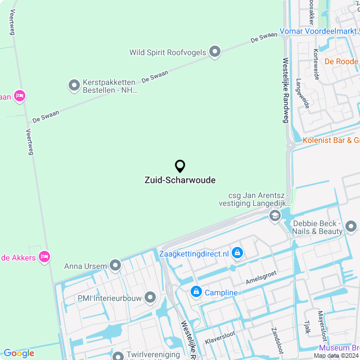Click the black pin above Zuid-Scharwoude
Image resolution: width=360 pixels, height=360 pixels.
click(x=180, y=166)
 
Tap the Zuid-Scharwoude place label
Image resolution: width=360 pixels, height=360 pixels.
click(x=180, y=180)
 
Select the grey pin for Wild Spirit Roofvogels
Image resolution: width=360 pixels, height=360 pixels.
click(x=214, y=52)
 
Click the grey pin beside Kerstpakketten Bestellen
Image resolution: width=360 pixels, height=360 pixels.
click(x=74, y=85)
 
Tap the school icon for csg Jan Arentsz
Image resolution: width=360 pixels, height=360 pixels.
click(x=274, y=215)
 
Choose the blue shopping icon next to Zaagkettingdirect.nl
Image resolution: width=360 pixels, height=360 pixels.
click(x=237, y=254)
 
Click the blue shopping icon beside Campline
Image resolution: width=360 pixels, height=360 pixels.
click(x=196, y=292)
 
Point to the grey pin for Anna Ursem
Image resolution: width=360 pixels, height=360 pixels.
click(x=115, y=265)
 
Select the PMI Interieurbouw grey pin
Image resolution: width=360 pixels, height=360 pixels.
click(x=150, y=297)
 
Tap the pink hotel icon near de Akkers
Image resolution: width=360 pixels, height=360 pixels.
click(x=44, y=258)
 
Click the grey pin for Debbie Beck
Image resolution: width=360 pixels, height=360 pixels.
click(x=351, y=227)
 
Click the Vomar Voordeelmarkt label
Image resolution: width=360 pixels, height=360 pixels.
click(x=319, y=31)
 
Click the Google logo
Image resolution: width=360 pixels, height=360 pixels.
click(x=19, y=353)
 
